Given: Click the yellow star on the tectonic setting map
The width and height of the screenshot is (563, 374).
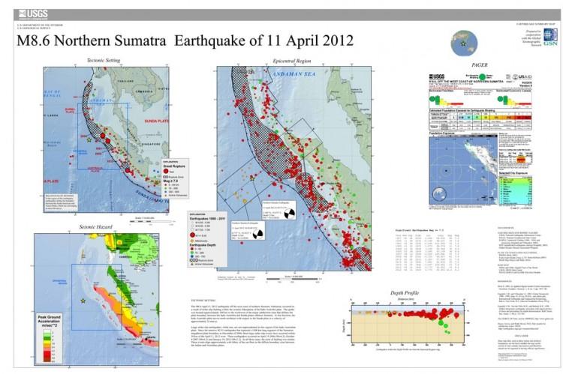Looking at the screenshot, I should tap(89, 141).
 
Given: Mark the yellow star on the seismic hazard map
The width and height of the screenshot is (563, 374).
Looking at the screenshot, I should tap(83, 299).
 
